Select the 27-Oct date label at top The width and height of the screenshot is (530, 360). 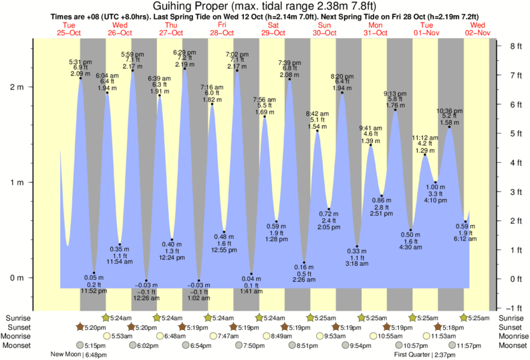tap(171, 33)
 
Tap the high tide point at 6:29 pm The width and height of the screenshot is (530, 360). tap(184, 69)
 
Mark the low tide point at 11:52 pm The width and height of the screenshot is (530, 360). tap(94, 273)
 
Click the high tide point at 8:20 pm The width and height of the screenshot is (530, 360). tap(342, 93)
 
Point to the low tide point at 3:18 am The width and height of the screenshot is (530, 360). tap(357, 246)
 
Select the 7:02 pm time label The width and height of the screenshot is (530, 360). tap(237, 54)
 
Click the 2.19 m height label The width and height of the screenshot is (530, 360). tap(184, 65)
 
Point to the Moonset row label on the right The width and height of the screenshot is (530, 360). tap(511, 345)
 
